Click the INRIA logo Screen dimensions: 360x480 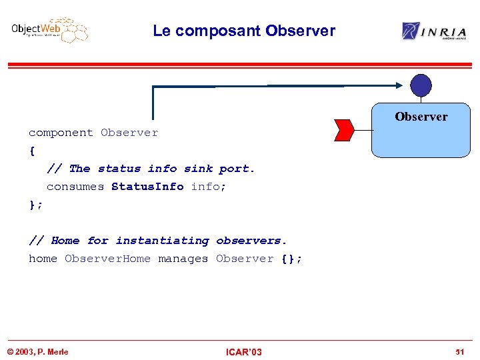point(434,31)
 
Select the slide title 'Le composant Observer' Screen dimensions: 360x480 point(243,31)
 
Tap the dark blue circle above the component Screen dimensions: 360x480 point(421,85)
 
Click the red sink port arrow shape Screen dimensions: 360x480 point(343,130)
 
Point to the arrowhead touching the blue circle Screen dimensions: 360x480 point(399,85)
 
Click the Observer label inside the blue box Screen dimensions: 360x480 point(421,117)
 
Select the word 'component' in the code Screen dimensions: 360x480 point(61,133)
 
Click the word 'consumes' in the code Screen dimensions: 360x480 point(75,187)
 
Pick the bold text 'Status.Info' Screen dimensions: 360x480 point(147,187)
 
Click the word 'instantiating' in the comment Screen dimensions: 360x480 point(162,241)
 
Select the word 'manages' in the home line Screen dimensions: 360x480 point(183,259)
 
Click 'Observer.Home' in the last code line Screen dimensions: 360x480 point(107,259)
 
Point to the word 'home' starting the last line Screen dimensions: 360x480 point(43,259)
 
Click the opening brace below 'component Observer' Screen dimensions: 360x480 point(32,151)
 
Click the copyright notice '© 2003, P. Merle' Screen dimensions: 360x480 point(37,352)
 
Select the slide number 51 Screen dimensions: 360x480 point(459,352)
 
